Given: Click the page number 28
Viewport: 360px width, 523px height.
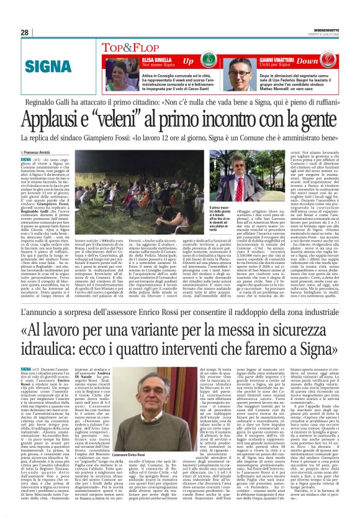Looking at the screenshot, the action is click(x=24, y=32).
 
